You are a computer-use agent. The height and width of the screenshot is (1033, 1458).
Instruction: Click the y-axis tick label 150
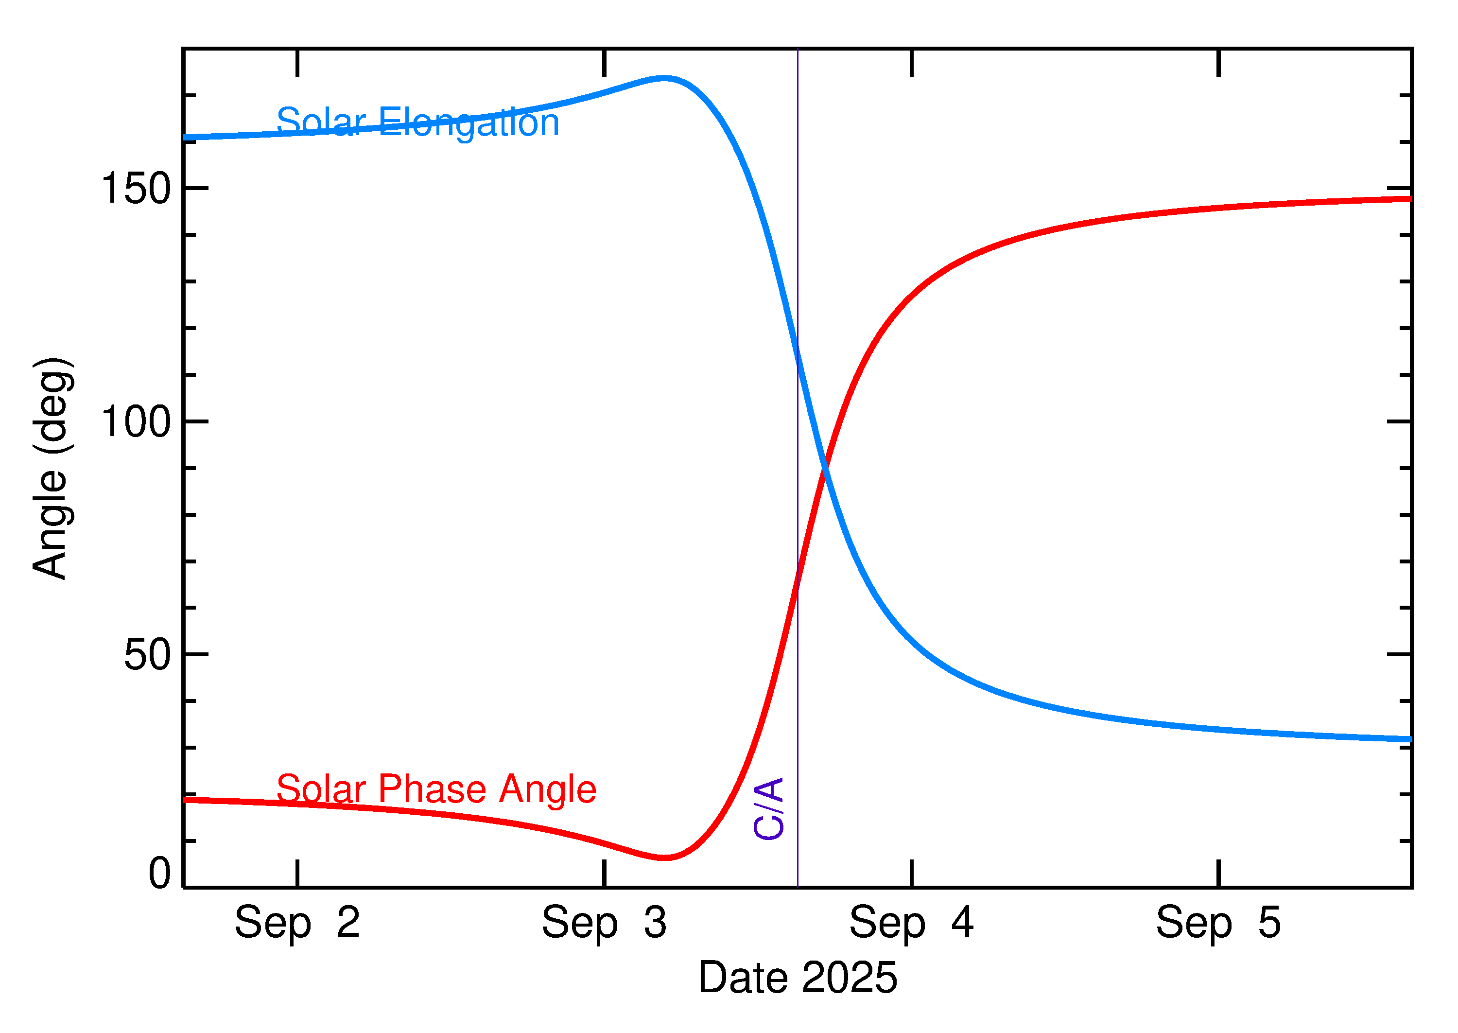tap(136, 189)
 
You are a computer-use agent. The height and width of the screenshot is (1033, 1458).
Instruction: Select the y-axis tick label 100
tap(136, 422)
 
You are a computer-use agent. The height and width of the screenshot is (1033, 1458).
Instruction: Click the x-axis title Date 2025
tap(798, 978)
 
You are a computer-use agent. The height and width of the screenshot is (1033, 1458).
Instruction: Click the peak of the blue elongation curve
tap(664, 78)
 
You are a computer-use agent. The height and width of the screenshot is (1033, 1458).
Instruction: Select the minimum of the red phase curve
tap(664, 858)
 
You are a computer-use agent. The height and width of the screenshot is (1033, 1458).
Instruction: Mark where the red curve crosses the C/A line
tap(798, 579)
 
